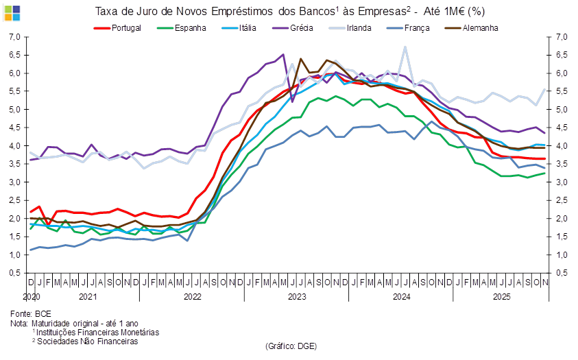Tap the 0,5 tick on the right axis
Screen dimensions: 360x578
coord(562,273)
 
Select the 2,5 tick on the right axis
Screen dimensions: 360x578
coord(562,200)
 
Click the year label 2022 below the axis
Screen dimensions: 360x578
coord(192,298)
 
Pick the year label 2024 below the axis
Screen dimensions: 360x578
coord(401,298)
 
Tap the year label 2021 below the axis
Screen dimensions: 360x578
coord(87,298)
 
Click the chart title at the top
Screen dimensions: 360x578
coord(289,12)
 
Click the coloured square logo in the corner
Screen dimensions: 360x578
coord(12,12)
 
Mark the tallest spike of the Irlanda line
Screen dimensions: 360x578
coord(405,47)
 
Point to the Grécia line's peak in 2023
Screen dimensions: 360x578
coord(284,54)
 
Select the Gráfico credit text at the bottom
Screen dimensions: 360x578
coord(290,346)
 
